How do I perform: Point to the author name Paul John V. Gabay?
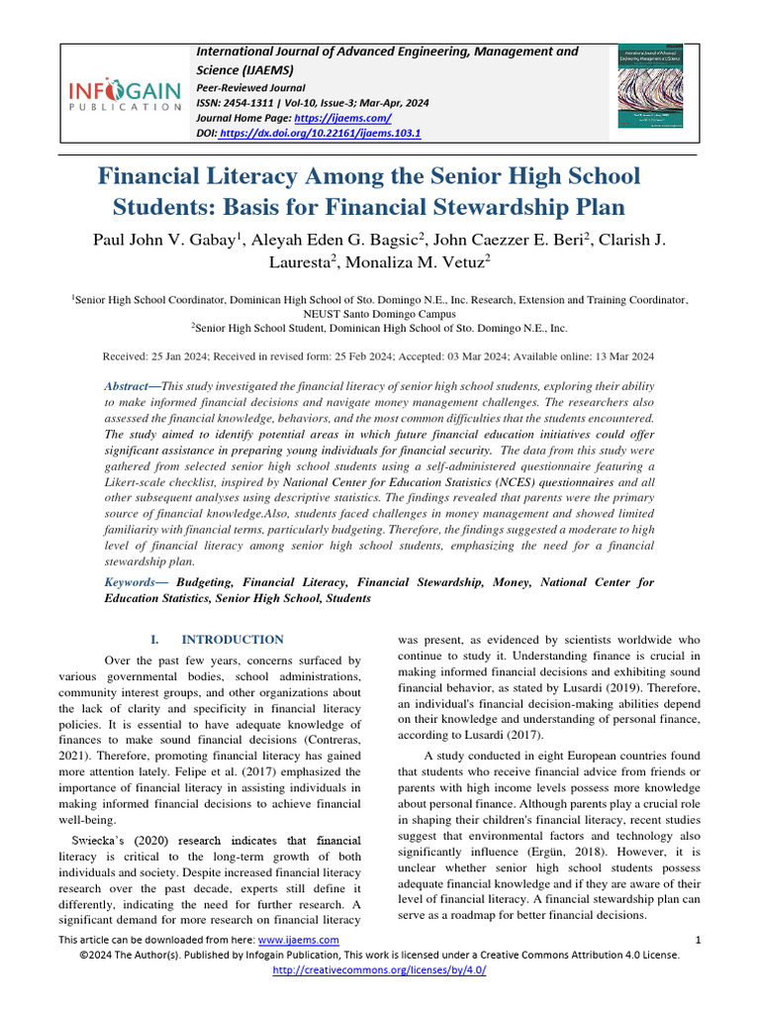tap(163, 241)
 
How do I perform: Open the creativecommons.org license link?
tap(379, 970)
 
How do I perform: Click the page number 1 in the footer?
tap(699, 939)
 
